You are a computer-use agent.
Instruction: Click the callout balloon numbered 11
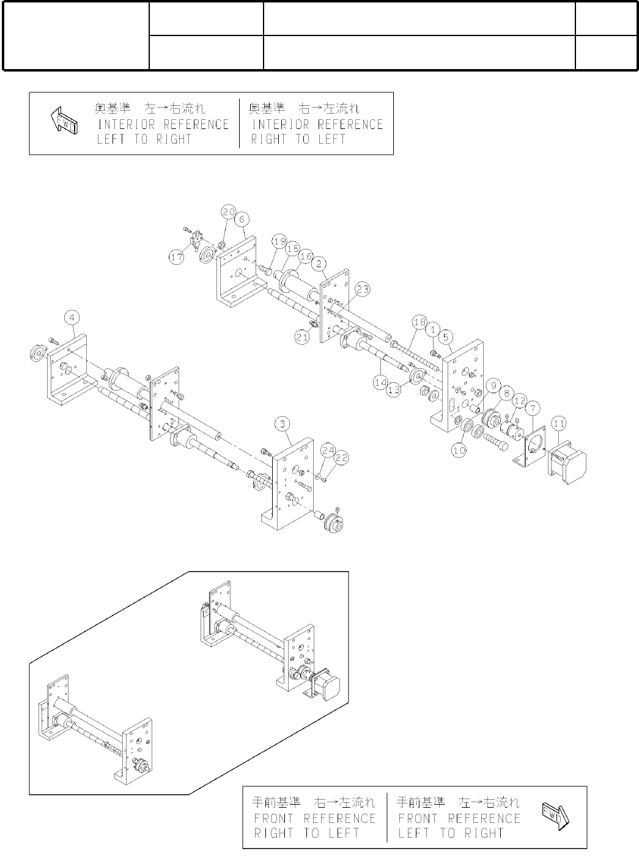[x=559, y=422]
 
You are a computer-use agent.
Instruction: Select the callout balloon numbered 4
[x=72, y=318]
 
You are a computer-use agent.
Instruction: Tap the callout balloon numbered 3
[x=281, y=423]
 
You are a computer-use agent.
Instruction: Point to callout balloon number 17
[x=177, y=258]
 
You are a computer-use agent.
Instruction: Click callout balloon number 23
[x=363, y=290]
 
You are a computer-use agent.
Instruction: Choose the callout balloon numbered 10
[x=459, y=449]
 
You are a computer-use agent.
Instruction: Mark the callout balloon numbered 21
[x=301, y=336]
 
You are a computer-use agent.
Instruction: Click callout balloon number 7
[x=533, y=407]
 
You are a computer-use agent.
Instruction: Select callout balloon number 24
[x=328, y=451]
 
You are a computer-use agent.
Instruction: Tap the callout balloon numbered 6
[x=242, y=218]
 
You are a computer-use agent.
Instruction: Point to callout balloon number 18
[x=419, y=322]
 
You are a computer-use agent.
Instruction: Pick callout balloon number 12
[x=519, y=401]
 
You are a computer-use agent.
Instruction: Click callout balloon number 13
[x=394, y=388]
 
